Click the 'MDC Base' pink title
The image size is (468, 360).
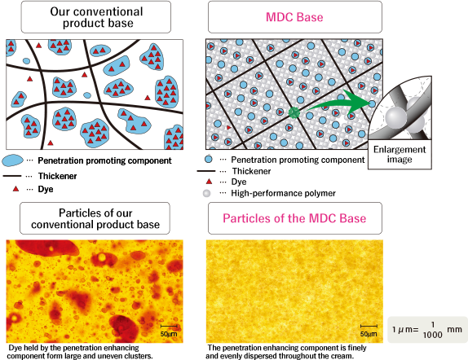294,17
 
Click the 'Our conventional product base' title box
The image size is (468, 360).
96,17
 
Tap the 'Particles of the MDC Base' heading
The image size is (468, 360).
294,218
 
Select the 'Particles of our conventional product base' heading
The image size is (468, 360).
95,218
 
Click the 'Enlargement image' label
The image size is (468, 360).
400,154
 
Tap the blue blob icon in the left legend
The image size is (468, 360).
12,160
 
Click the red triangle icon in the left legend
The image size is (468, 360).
15,189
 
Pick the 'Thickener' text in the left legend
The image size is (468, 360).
57,176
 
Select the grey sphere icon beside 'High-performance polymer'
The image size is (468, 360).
206,193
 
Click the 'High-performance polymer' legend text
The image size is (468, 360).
283,193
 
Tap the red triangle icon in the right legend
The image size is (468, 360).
209,182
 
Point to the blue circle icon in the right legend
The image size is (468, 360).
209,159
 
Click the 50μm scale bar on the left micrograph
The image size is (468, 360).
169,326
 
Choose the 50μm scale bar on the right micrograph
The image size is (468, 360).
369,326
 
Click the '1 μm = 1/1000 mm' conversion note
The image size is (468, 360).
427,330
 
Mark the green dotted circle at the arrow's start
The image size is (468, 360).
294,112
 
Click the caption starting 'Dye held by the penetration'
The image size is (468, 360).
80,352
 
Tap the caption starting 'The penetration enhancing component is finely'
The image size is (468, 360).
286,352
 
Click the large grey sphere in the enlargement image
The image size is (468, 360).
395,117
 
